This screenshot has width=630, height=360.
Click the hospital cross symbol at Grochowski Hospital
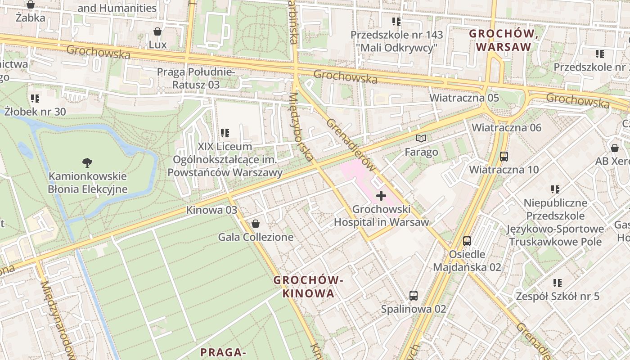click(x=381, y=196)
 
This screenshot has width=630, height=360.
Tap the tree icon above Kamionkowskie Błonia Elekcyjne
click(x=87, y=162)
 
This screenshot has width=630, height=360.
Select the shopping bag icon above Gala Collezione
click(x=256, y=223)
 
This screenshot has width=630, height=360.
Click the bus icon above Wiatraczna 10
click(x=504, y=157)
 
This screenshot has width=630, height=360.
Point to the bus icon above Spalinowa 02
click(x=413, y=296)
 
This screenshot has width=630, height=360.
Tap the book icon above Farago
click(x=421, y=139)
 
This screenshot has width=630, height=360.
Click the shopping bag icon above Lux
click(x=157, y=31)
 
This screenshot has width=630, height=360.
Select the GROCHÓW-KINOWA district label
click(x=308, y=287)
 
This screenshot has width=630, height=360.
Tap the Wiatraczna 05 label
click(x=464, y=98)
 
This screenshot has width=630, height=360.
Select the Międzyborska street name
click(x=301, y=127)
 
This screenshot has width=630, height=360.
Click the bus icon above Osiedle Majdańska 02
click(x=467, y=241)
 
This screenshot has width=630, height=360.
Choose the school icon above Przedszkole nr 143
click(x=396, y=21)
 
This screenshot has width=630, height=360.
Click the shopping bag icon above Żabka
click(x=30, y=5)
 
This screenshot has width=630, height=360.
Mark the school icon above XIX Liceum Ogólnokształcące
click(x=225, y=133)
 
